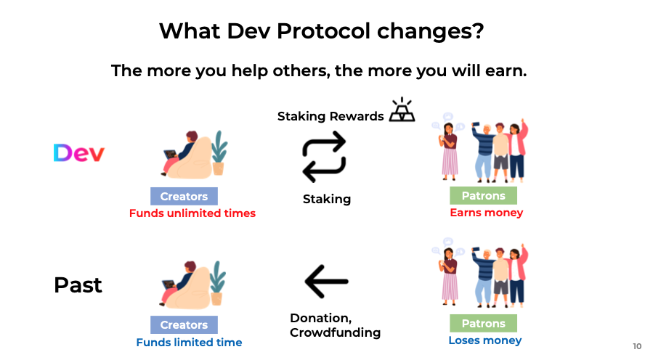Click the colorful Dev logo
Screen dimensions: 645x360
pyautogui.click(x=79, y=153)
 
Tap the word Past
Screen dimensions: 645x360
pyautogui.click(x=78, y=285)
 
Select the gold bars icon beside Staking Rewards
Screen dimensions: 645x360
pyautogui.click(x=402, y=110)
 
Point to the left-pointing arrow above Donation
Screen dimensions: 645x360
pyautogui.click(x=327, y=282)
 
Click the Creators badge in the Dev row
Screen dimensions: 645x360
pyautogui.click(x=184, y=197)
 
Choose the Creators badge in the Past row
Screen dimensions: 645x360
pyautogui.click(x=184, y=324)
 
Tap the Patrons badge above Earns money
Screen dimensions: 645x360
pyautogui.click(x=483, y=196)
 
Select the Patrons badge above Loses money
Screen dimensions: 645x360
pyautogui.click(x=483, y=324)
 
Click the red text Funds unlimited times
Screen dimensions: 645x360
pyautogui.click(x=192, y=213)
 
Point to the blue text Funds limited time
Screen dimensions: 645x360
pyautogui.click(x=190, y=343)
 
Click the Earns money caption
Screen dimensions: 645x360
pyautogui.click(x=487, y=213)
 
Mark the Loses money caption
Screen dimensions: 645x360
pyautogui.click(x=485, y=340)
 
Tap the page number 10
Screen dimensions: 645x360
pyautogui.click(x=637, y=346)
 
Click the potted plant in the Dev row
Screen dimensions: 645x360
pyautogui.click(x=219, y=153)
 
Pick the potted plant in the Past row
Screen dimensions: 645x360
pyautogui.click(x=218, y=283)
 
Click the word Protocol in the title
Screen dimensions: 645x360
pyautogui.click(x=323, y=30)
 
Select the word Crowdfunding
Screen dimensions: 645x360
pyautogui.click(x=336, y=332)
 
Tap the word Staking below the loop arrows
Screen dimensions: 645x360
pyautogui.click(x=327, y=199)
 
